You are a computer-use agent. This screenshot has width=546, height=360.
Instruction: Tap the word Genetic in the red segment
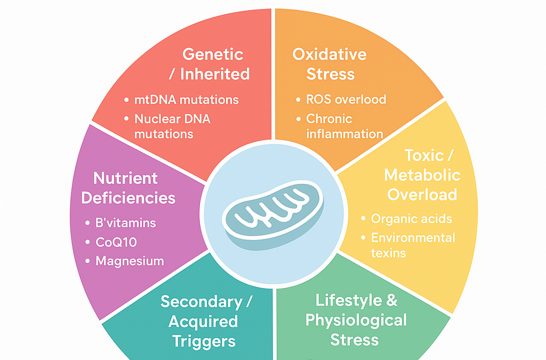click(213, 54)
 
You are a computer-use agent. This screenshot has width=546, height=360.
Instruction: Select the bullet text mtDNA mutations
click(186, 100)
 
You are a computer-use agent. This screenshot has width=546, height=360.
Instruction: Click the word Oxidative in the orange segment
click(330, 54)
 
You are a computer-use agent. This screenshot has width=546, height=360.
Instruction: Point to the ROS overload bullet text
click(346, 100)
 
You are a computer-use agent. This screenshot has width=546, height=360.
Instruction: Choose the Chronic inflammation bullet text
click(345, 126)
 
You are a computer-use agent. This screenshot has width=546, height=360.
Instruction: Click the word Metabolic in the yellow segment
click(422, 175)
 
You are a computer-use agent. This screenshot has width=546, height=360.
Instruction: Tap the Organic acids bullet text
click(412, 219)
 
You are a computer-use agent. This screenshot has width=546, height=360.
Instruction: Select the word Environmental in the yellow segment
click(413, 238)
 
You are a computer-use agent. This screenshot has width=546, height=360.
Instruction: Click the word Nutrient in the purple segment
click(125, 178)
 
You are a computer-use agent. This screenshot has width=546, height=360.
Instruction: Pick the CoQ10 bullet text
click(116, 242)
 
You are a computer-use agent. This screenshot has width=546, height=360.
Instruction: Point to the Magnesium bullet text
click(130, 261)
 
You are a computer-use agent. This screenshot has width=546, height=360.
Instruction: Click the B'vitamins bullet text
click(125, 223)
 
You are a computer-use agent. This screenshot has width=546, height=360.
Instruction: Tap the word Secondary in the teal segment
click(201, 302)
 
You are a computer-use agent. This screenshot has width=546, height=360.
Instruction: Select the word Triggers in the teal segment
click(204, 341)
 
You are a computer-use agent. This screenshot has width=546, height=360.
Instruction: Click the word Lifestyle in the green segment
click(344, 300)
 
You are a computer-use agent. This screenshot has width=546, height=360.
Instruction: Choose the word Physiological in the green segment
click(356, 321)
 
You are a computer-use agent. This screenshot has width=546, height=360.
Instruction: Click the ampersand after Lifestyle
click(391, 300)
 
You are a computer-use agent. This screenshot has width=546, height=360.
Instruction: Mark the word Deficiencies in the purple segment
click(128, 198)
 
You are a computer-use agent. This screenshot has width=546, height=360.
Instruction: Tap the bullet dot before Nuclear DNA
click(126, 119)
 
